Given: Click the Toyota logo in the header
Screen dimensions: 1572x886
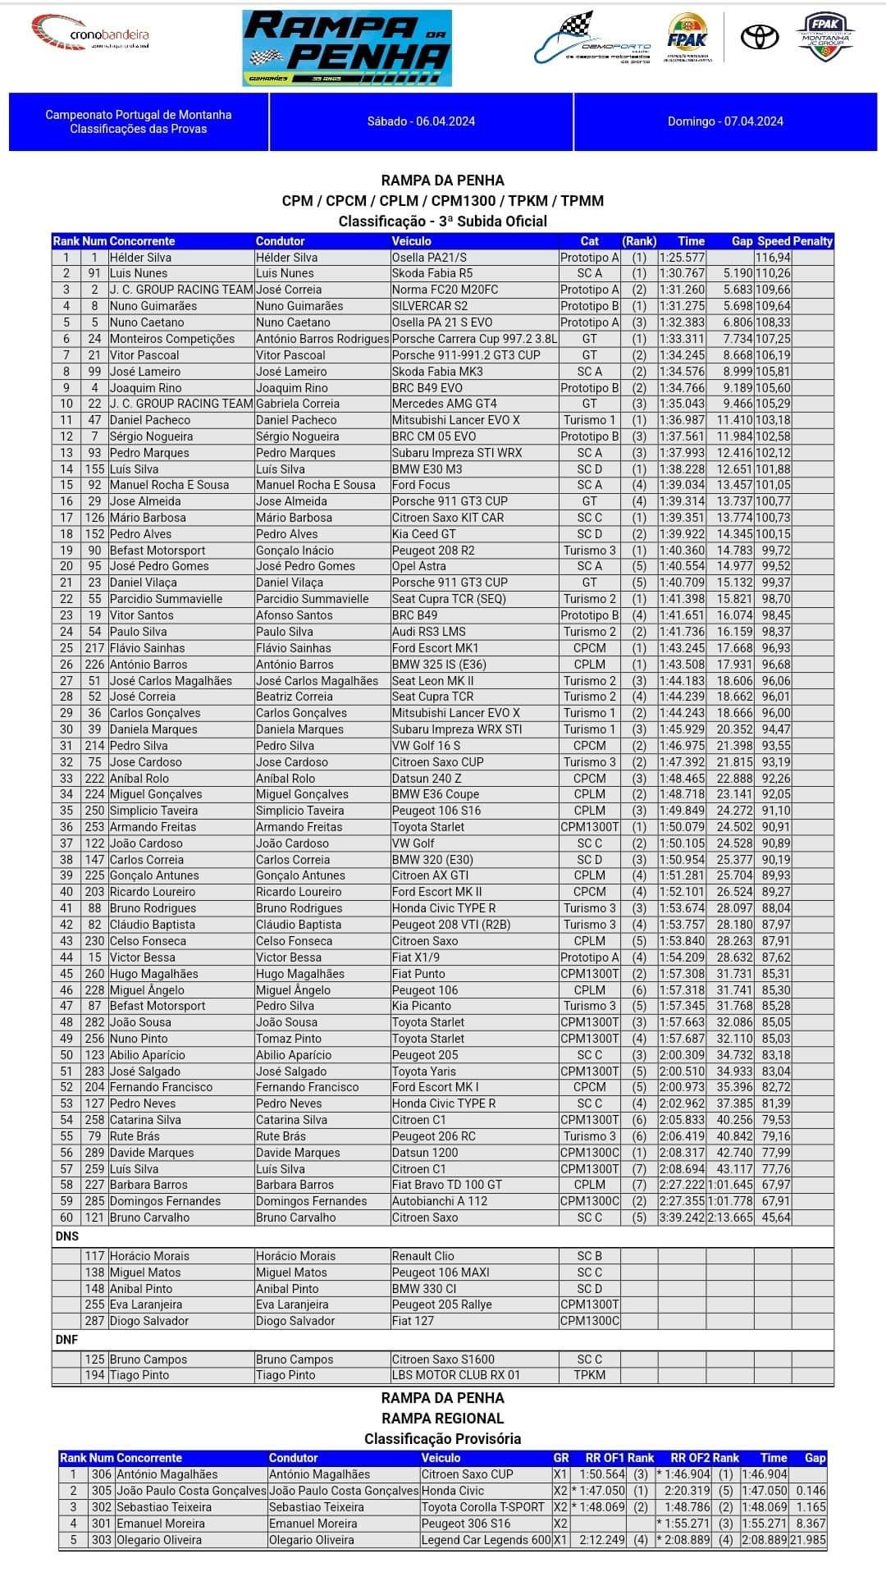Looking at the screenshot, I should tap(759, 38).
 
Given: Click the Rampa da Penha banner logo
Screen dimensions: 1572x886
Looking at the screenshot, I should tap(347, 48).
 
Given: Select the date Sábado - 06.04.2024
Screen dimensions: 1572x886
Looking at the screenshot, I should tap(421, 121).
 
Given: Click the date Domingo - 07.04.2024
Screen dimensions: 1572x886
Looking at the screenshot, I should tap(725, 121).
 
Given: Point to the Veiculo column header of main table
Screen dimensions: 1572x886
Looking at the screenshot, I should tap(411, 241).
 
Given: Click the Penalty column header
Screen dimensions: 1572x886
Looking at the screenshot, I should tap(812, 241).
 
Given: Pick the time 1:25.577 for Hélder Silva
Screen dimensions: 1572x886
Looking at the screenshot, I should tap(681, 258).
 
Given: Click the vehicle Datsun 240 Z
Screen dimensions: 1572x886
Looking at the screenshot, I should tap(427, 779).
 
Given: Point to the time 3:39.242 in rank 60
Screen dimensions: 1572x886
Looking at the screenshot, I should tap(681, 1218).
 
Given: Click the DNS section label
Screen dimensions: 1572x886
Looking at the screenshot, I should tap(67, 1236).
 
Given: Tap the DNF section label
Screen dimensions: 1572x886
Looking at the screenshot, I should tap(67, 1340).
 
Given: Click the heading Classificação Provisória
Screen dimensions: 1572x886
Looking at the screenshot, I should tap(442, 1438).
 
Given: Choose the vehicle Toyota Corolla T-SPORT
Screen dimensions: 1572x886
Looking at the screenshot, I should tap(482, 1507).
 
